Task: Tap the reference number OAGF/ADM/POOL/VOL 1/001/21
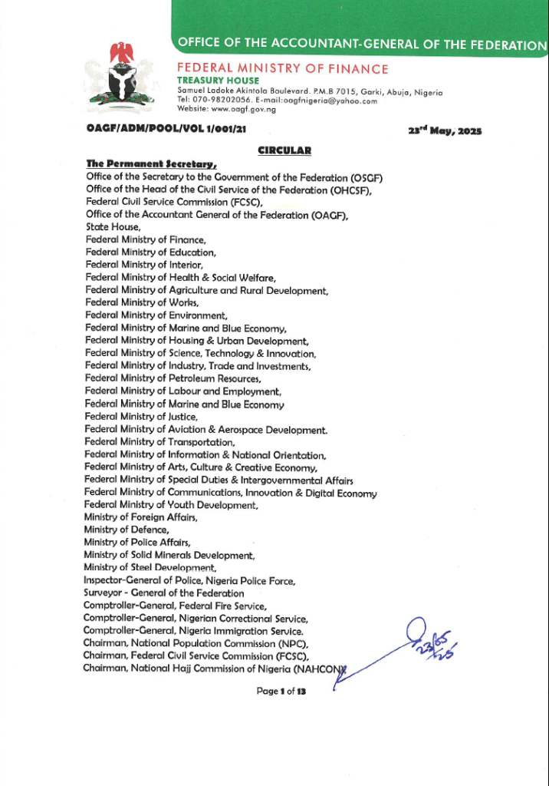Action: (x=166, y=130)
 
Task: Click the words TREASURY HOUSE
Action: (x=219, y=81)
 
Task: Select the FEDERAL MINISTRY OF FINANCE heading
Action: (x=283, y=69)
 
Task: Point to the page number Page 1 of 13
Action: (x=281, y=692)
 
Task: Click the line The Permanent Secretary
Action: (x=152, y=163)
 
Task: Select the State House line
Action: (x=113, y=227)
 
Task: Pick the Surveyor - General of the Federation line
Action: (x=164, y=593)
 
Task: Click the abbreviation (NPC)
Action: (x=292, y=643)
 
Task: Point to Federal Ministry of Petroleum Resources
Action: (x=173, y=379)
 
